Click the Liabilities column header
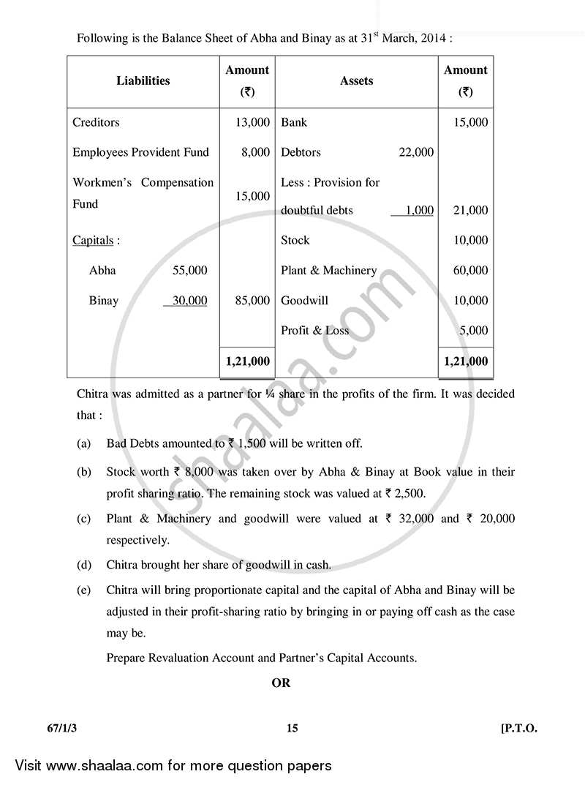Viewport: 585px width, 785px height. click(x=143, y=81)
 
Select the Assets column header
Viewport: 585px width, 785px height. click(x=356, y=81)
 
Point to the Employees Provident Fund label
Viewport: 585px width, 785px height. click(x=140, y=152)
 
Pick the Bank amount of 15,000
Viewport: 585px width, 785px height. click(x=470, y=122)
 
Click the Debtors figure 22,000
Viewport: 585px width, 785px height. click(x=415, y=152)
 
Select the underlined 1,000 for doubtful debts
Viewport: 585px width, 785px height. click(x=418, y=210)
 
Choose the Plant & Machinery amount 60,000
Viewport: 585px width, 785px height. click(x=470, y=270)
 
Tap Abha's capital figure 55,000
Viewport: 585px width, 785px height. click(x=189, y=270)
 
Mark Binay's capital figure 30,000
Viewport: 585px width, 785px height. click(x=189, y=300)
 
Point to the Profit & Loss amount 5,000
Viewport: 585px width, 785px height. click(x=473, y=330)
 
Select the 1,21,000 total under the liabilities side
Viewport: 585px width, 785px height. click(x=248, y=361)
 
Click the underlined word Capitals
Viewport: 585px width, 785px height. click(x=93, y=240)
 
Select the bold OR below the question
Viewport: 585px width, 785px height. click(x=281, y=683)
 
